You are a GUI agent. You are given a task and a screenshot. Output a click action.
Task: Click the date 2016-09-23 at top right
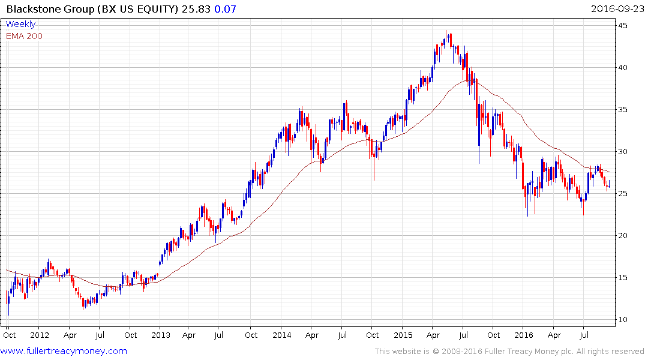[617, 8]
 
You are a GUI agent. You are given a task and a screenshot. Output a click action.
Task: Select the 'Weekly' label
[20, 24]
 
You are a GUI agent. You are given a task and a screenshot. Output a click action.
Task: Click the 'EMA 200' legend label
[24, 35]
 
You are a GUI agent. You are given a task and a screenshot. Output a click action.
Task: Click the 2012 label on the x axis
[40, 335]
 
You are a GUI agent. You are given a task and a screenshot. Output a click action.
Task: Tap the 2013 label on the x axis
[161, 335]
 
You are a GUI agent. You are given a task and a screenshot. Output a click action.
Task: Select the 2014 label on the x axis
[282, 335]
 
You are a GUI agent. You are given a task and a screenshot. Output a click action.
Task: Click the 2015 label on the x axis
[403, 335]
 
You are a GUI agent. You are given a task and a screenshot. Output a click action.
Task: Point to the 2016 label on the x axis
[524, 335]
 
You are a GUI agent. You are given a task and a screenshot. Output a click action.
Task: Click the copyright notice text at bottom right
[509, 352]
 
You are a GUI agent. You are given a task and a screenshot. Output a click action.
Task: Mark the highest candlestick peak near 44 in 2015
[446, 31]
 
